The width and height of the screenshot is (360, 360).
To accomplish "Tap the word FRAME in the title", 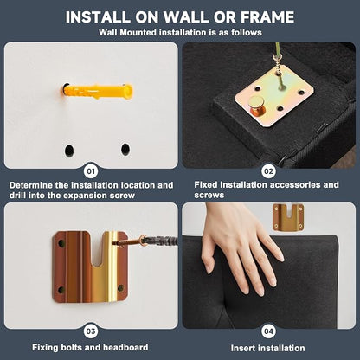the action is (x=267, y=17).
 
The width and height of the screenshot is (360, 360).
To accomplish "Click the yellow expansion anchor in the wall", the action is (x=97, y=91).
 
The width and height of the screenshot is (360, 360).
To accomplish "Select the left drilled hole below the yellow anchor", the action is (x=69, y=151).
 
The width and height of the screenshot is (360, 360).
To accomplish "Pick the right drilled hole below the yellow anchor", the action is (x=125, y=149).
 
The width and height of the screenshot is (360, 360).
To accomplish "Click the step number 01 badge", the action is (x=91, y=171).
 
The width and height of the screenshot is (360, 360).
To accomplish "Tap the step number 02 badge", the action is (x=268, y=171).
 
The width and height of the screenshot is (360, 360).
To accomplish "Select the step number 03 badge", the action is (x=91, y=331).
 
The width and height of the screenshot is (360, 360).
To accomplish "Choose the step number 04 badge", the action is (x=268, y=331).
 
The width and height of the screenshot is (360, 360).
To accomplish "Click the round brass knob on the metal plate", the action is (x=256, y=106).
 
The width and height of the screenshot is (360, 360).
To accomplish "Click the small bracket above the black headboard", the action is (x=288, y=217).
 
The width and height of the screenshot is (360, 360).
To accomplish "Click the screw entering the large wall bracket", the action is (x=145, y=241).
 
